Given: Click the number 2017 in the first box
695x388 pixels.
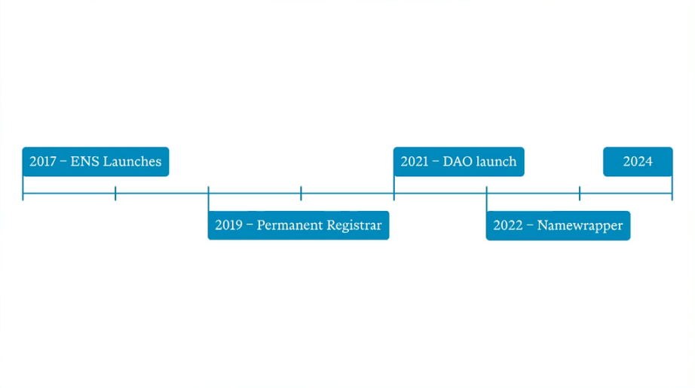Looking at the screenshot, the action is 42,161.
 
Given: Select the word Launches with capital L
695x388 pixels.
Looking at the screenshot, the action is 132,161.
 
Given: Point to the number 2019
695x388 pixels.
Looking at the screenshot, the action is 228,225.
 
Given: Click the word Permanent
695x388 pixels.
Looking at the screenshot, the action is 289,225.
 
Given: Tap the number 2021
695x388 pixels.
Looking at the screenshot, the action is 414,161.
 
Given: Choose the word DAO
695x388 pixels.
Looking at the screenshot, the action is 458,161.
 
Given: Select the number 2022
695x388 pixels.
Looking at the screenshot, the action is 507,225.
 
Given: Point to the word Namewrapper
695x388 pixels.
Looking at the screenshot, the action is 580,226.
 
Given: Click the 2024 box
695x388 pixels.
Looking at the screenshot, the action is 638,162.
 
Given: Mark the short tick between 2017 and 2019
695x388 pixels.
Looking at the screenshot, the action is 115,193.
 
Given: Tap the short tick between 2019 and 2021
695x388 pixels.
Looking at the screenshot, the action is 301,193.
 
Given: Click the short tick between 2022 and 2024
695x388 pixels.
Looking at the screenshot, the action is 580,193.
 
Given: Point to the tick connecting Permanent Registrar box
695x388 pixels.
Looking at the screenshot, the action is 208,199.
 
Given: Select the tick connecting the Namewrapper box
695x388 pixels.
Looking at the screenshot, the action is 487,199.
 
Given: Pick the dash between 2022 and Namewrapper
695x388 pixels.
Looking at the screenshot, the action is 528,226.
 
